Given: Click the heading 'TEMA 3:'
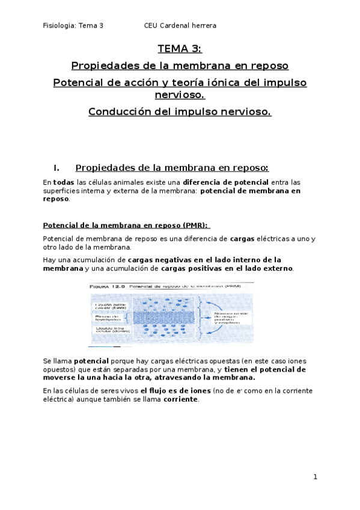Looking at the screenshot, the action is click(x=180, y=49).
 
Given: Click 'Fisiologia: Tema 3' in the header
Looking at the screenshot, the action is click(x=73, y=26).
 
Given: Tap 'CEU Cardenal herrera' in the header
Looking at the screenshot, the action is click(x=180, y=26).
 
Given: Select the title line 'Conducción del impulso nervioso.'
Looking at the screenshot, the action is click(x=180, y=112).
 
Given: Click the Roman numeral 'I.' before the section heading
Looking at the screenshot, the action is click(x=57, y=167).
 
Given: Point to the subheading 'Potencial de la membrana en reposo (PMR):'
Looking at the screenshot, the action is click(x=126, y=225).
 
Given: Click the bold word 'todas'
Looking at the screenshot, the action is click(x=64, y=182).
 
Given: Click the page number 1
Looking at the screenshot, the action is click(x=314, y=477).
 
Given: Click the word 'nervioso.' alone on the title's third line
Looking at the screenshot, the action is click(x=180, y=94).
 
